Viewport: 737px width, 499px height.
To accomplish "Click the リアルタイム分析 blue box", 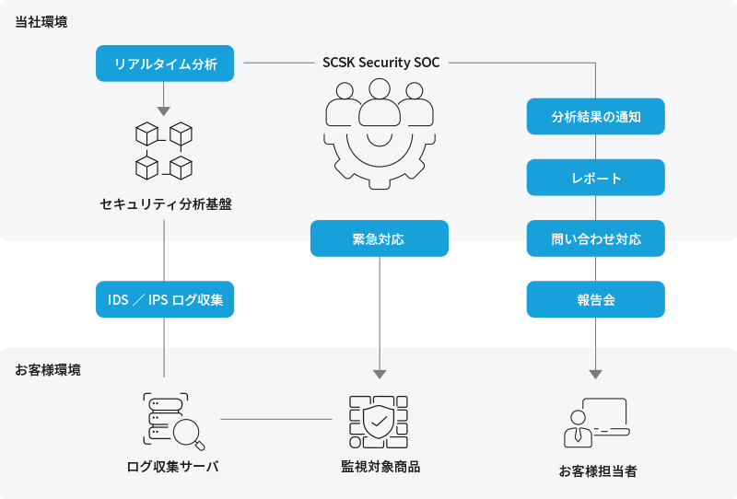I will [x=165, y=64].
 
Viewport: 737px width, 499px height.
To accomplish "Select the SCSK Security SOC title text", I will [x=381, y=63].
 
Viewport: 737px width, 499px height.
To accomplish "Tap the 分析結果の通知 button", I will [x=595, y=117].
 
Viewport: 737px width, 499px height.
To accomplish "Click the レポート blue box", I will [x=595, y=178].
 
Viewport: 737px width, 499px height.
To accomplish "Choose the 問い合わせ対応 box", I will [x=595, y=238].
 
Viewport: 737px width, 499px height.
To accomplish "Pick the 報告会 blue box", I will [x=595, y=299].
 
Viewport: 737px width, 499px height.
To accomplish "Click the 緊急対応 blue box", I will [x=379, y=238].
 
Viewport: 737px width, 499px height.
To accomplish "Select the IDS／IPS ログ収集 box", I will [x=165, y=299].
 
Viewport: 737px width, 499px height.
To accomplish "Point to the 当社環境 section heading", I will [x=41, y=20].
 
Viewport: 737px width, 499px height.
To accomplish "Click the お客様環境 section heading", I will [x=48, y=369].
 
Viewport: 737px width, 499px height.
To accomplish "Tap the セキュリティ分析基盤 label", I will [x=165, y=204].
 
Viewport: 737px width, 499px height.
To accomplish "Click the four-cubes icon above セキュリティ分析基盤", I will [x=164, y=150].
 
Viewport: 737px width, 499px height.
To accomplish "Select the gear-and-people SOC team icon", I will [x=380, y=133].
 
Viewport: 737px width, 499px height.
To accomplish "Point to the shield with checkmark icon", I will [x=379, y=422].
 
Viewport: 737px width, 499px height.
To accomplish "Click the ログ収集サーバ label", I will [x=172, y=466].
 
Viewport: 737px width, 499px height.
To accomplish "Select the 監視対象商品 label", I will [x=380, y=466].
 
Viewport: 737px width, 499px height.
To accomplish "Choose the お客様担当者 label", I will [x=597, y=470].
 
